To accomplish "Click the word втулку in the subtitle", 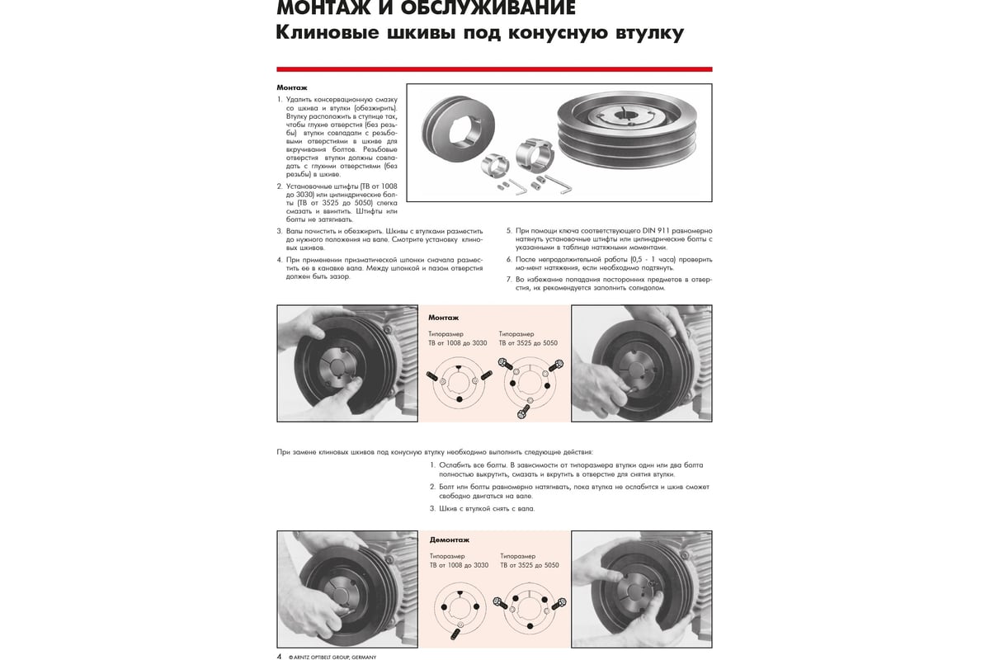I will pos(639,34).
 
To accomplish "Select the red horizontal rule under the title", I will pos(494,69).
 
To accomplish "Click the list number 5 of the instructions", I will pos(508,231).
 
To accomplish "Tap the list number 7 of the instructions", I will pos(508,280).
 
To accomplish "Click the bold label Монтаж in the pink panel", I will pos(443,318).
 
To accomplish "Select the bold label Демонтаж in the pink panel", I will pos(450,540).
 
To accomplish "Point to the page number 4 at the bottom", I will pos(279,657).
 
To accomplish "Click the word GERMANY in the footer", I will pos(362,657).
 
